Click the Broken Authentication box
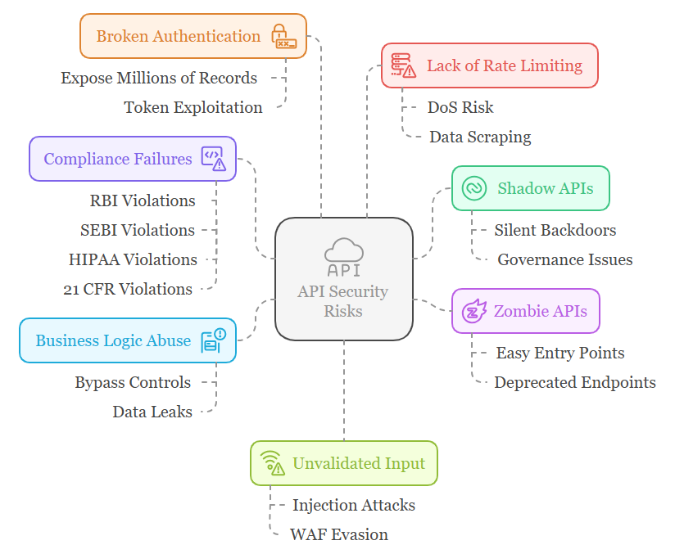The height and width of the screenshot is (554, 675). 193,36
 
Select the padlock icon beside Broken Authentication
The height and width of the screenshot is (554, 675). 283,37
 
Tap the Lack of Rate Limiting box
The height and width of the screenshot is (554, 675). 489,65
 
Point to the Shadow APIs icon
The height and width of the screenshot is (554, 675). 474,188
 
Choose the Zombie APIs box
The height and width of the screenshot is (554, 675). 525,311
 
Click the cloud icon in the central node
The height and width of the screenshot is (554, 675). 343,249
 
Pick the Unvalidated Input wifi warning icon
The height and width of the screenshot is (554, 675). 272,463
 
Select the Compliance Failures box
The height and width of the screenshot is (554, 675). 133,159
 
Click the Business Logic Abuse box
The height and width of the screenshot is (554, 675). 127,340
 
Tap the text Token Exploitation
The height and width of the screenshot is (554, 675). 193,107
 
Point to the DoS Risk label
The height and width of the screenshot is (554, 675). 460,107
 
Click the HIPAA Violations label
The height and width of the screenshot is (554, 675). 133,259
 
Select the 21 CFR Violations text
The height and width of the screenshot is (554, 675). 128,289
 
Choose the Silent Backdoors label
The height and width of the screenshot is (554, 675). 555,230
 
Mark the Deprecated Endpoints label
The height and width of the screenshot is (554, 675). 574,382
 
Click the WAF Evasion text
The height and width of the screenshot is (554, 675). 338,534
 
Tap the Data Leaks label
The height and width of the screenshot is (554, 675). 152,412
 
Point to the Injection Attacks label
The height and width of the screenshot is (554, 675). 353,505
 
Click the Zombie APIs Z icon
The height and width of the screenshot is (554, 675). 474,311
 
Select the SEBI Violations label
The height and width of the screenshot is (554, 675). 138,230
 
